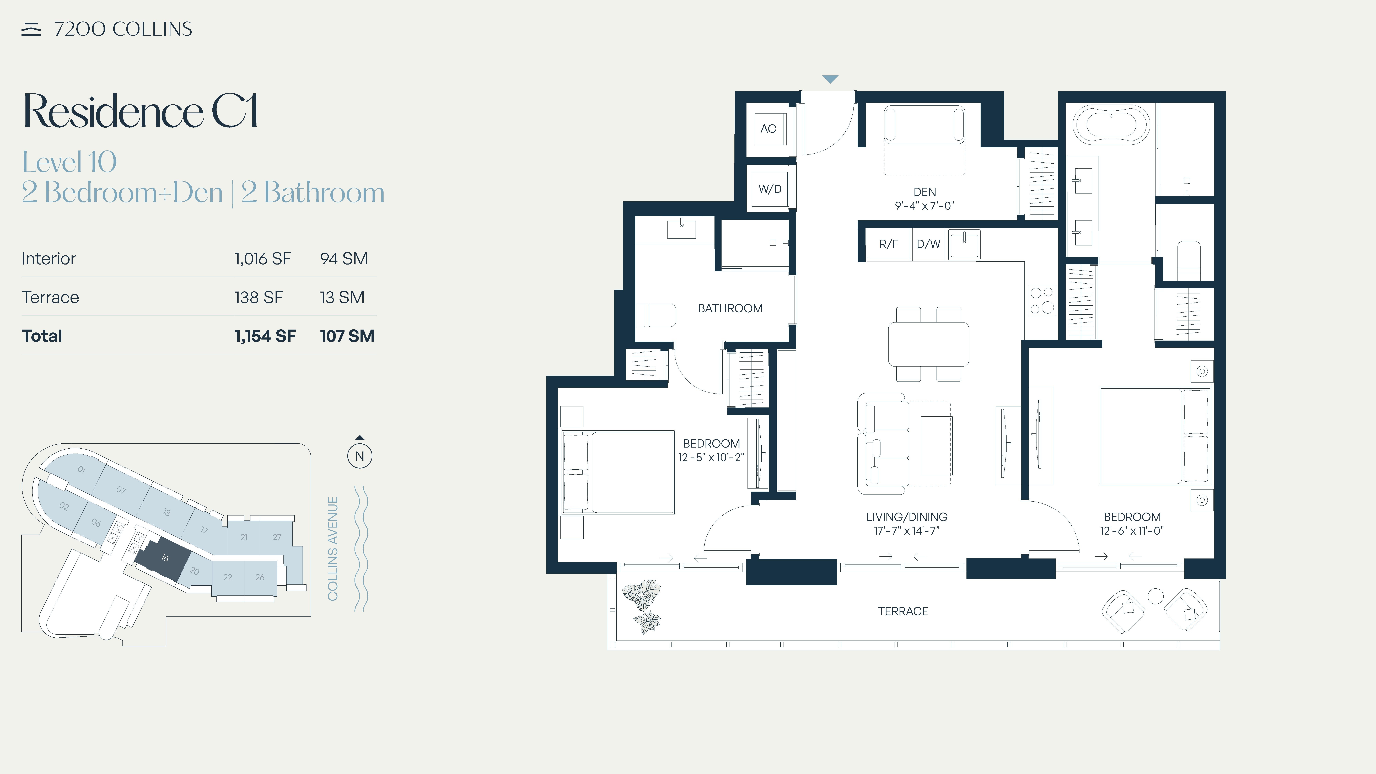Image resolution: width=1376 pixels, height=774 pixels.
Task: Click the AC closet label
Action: tap(768, 129)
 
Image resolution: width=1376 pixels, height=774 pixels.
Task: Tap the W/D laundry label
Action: tap(770, 189)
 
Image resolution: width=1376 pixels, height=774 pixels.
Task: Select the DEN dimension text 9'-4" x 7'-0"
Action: tap(925, 206)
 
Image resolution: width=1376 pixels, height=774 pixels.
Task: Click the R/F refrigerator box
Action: tap(888, 244)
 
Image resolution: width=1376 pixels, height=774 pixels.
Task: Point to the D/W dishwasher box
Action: tap(928, 244)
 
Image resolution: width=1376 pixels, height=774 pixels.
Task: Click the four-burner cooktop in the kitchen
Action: tap(1042, 301)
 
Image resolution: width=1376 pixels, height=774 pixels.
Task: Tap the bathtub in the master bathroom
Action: tap(1112, 125)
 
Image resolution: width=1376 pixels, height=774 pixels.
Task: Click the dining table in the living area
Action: tap(928, 344)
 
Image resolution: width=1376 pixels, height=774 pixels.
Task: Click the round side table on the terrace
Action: tap(1155, 596)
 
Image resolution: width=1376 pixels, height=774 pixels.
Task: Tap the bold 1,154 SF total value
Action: tap(265, 336)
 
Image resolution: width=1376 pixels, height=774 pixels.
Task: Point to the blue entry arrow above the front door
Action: tap(830, 79)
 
